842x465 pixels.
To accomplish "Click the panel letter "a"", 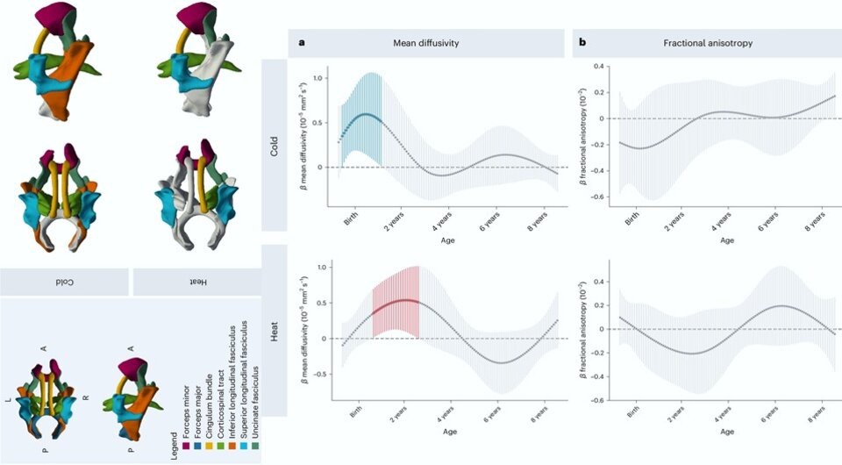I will pos(303,42).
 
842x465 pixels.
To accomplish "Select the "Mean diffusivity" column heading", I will pos(427,42).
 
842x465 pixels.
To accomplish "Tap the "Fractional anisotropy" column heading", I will pos(706,42).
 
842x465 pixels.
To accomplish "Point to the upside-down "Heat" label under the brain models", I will pos(197,282).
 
